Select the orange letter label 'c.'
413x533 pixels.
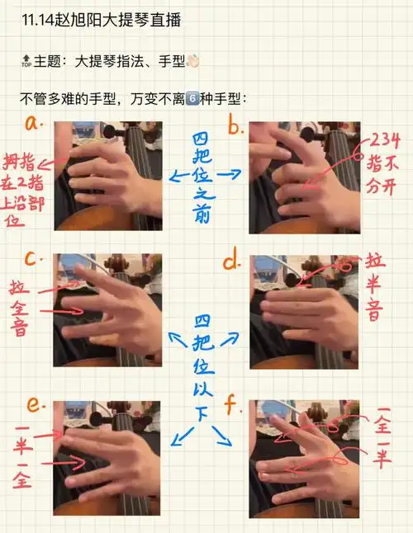(34, 258)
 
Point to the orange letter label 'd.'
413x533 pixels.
(234, 262)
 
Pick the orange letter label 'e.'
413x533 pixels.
(33, 403)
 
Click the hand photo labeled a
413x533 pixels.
(107, 176)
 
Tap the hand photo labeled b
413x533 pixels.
(303, 176)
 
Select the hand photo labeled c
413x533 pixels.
(107, 309)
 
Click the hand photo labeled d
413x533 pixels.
(303, 309)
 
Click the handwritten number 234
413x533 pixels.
(386, 139)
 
